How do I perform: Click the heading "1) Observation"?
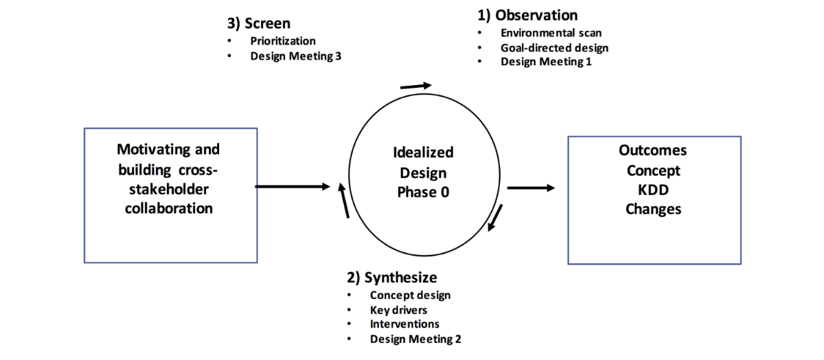click(x=527, y=15)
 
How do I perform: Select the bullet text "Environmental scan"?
click(x=551, y=33)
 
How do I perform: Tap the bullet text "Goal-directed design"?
click(x=554, y=47)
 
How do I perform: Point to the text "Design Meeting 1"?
click(x=546, y=62)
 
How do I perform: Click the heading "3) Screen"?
click(x=259, y=23)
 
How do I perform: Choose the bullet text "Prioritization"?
click(x=283, y=41)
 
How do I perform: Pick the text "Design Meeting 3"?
click(x=295, y=56)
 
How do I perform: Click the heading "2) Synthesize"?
click(x=391, y=278)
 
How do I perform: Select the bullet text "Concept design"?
click(x=410, y=295)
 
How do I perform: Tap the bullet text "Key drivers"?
click(x=398, y=310)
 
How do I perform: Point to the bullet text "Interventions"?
click(x=404, y=324)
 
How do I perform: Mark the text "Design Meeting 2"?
click(x=415, y=339)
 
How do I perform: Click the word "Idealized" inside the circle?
click(x=423, y=153)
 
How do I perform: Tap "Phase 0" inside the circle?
click(x=423, y=192)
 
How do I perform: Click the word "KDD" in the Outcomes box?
click(x=653, y=190)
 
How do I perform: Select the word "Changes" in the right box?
click(x=653, y=209)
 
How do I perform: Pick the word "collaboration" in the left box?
click(x=169, y=208)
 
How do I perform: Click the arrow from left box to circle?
click(x=293, y=186)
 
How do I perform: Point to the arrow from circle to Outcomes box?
click(x=531, y=188)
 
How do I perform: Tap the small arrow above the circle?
click(x=416, y=86)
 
